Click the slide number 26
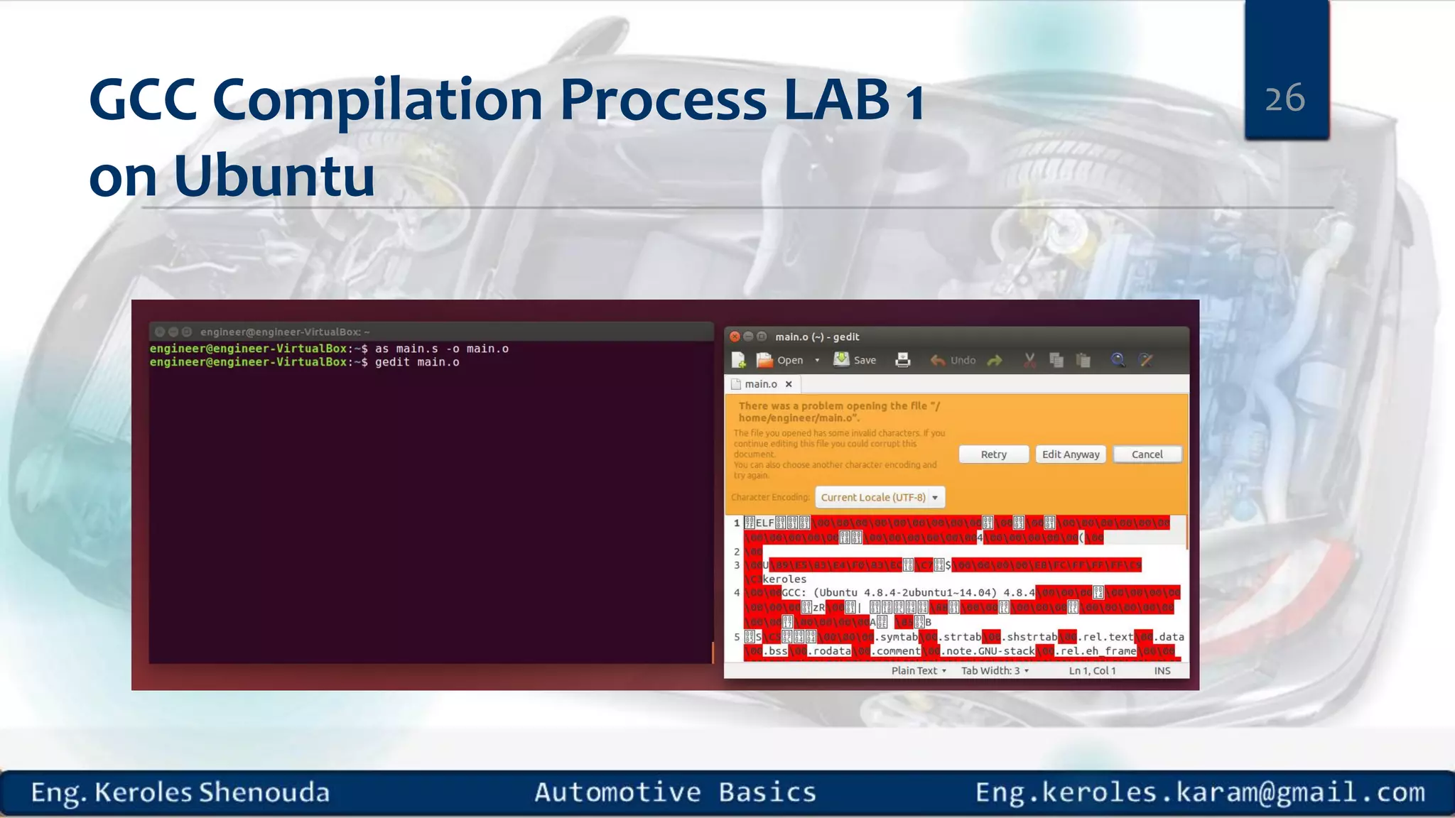click(x=1284, y=98)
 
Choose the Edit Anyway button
click(x=1070, y=454)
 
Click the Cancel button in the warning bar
click(x=1147, y=454)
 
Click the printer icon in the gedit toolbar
click(x=902, y=360)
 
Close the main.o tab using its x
click(x=789, y=384)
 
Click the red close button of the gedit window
click(x=735, y=337)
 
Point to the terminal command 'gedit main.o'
click(x=417, y=362)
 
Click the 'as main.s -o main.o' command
click(x=441, y=349)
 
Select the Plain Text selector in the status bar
click(x=918, y=670)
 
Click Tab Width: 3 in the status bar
click(x=994, y=670)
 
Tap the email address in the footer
click(x=1199, y=792)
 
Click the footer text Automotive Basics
click(x=675, y=792)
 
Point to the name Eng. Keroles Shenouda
click(x=180, y=792)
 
